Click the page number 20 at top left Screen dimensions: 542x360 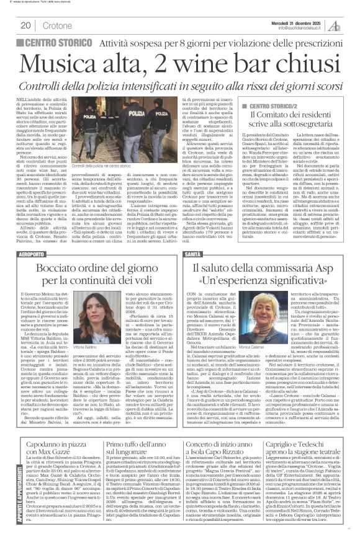click(x=25, y=25)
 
